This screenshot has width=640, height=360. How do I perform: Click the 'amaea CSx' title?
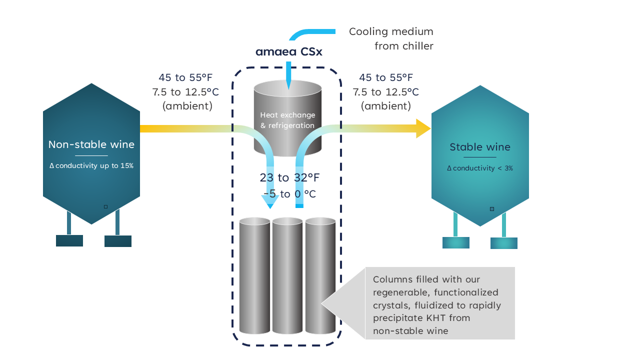[x=288, y=52]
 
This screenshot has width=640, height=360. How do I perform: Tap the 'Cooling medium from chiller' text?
[x=391, y=39]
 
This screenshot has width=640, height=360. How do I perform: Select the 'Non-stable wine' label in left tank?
[x=91, y=144]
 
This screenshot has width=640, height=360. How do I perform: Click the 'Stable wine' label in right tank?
[x=479, y=147]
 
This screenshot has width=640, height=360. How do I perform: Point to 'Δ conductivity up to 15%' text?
[x=91, y=165]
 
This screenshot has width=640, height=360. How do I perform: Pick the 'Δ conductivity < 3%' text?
[x=479, y=168]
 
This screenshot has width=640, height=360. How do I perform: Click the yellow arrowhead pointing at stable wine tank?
[x=423, y=128]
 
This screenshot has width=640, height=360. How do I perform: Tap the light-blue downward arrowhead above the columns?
[x=270, y=202]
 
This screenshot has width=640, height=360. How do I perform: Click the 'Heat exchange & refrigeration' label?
[x=287, y=120]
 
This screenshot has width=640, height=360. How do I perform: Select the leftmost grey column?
[x=254, y=275]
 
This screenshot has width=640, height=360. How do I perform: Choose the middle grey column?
[x=287, y=275]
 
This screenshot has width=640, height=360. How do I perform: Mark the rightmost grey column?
[x=320, y=275]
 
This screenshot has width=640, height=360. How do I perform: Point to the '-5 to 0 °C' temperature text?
[x=289, y=194]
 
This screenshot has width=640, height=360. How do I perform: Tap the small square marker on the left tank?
[x=105, y=206]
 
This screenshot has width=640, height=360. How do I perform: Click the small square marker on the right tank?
[x=492, y=209]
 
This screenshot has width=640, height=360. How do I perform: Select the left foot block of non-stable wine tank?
[x=69, y=240]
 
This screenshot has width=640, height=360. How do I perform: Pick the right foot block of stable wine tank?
[x=503, y=243]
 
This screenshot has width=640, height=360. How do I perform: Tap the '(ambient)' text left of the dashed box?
[x=187, y=106]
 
